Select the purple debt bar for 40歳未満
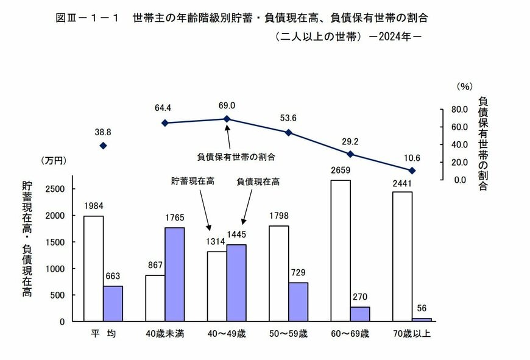pos(175,274)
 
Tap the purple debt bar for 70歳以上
pos(422,319)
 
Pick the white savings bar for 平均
pos(93,268)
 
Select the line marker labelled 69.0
pos(227,119)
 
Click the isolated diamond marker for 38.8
pos(103,146)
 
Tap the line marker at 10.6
pos(412,171)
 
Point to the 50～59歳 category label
pos(288,334)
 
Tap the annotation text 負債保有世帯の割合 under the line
pos(236,157)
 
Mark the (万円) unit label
pos(54,161)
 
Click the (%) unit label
pos(465,87)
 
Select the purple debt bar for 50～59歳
pos(299,302)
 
